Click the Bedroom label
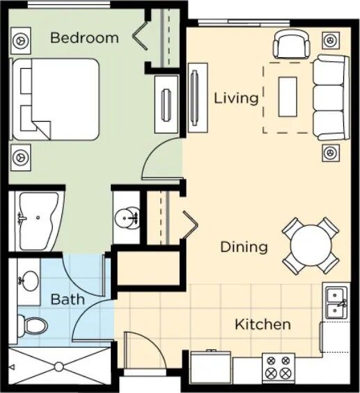click(x=84, y=38)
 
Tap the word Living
click(x=236, y=98)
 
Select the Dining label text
click(x=244, y=247)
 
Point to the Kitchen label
click(x=263, y=325)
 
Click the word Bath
click(x=68, y=299)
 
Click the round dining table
click(x=311, y=246)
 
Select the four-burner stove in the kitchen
click(x=279, y=368)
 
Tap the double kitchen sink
click(x=336, y=303)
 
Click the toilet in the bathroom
click(x=32, y=326)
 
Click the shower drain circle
click(x=59, y=367)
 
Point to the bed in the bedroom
click(x=55, y=99)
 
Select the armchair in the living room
click(x=291, y=45)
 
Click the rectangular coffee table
click(x=288, y=97)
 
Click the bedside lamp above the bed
click(x=21, y=40)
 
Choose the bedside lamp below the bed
click(x=21, y=158)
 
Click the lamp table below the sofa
click(x=331, y=152)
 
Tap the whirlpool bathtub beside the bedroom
click(x=38, y=221)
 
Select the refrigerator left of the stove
click(x=210, y=367)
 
